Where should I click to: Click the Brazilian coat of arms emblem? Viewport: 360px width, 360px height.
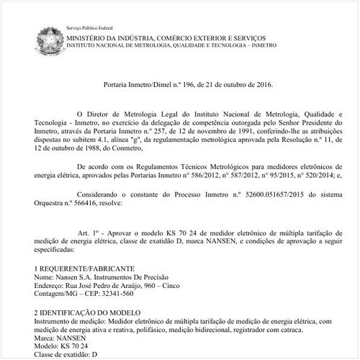tap(46, 35)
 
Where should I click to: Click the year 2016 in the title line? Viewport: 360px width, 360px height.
tap(254, 85)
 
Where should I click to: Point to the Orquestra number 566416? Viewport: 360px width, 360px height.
tap(81, 203)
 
